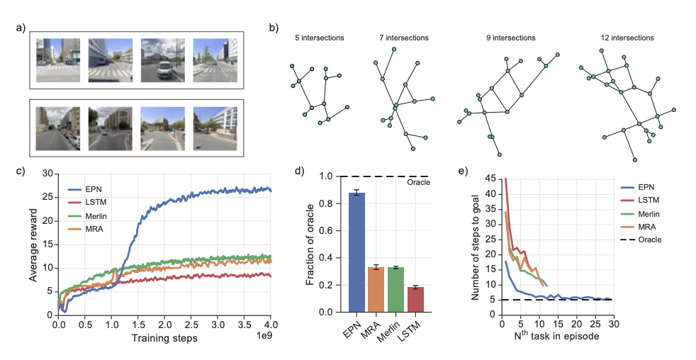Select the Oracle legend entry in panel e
click(648, 240)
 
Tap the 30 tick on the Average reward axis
click(48, 173)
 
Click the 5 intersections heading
click(319, 37)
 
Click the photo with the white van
click(162, 60)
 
